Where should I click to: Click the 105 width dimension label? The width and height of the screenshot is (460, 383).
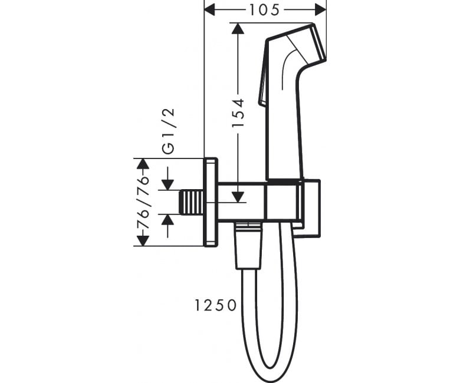(x=264, y=11)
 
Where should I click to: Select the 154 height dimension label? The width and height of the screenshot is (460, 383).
(x=238, y=113)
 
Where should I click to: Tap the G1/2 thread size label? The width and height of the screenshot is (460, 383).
(x=169, y=131)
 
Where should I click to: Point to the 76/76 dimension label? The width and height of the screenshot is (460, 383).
(x=143, y=202)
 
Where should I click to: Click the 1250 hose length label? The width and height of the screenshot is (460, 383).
(x=216, y=305)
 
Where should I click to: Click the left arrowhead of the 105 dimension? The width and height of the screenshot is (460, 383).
(x=209, y=11)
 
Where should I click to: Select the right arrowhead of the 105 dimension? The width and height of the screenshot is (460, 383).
(x=321, y=11)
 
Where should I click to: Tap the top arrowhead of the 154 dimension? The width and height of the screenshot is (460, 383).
(x=238, y=28)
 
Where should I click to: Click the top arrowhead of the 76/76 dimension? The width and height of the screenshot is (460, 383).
(x=143, y=164)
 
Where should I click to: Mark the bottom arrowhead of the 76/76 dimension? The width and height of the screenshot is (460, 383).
(x=143, y=240)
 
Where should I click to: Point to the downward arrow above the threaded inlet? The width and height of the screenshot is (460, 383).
(x=168, y=178)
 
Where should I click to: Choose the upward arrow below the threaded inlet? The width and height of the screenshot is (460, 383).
(x=168, y=226)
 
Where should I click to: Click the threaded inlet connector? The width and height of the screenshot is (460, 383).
(x=192, y=202)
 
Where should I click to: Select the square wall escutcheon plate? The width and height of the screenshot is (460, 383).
(x=211, y=202)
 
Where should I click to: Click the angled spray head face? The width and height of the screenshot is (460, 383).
(x=319, y=42)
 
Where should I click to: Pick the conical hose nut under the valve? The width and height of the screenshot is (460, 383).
(x=248, y=246)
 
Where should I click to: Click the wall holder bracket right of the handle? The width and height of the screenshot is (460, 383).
(x=311, y=208)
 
